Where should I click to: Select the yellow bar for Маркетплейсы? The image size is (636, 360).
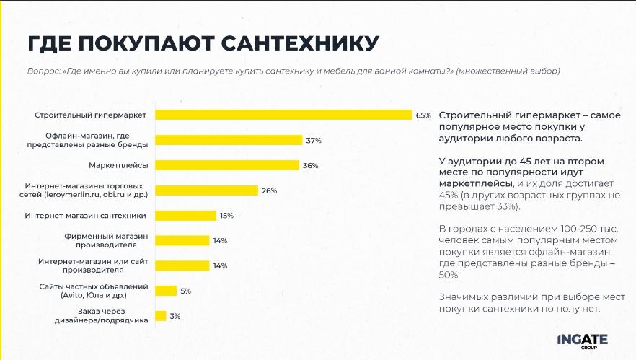coord(227,165)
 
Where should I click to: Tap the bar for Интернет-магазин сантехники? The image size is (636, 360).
coord(186,215)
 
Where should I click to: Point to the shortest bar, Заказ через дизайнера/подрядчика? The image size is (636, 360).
coord(161,316)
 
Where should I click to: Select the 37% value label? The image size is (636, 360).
coord(313,140)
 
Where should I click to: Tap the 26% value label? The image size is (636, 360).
coord(269,190)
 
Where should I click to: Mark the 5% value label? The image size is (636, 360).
coord(185,291)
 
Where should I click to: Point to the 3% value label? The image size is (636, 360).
coord(175,316)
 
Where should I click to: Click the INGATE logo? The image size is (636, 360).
coord(583,339)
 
